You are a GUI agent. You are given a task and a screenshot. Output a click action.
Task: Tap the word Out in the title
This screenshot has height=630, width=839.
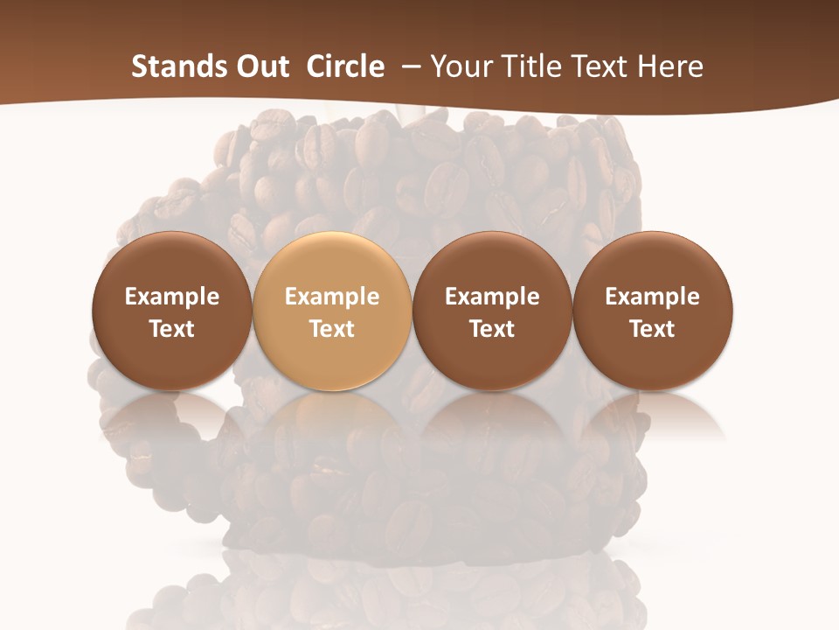(x=260, y=66)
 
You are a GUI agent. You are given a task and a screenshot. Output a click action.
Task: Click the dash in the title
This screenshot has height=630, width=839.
(x=407, y=67)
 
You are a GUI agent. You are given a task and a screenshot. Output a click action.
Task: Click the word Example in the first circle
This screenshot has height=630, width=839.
(x=171, y=297)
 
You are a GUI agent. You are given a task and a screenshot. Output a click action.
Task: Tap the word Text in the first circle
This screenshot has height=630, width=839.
(x=171, y=329)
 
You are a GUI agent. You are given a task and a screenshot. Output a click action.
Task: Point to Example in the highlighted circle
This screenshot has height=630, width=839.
(x=332, y=297)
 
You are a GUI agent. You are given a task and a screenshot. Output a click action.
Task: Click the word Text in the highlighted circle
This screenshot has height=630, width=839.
(x=332, y=329)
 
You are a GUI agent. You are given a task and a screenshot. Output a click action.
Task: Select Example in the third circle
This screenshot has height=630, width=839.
(x=492, y=297)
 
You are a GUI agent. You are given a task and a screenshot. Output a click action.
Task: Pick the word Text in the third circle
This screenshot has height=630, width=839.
(x=492, y=329)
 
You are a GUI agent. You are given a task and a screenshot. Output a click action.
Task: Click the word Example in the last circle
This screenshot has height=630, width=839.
(x=653, y=297)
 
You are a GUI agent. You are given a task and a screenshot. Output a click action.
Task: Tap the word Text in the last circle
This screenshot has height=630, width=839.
(x=653, y=329)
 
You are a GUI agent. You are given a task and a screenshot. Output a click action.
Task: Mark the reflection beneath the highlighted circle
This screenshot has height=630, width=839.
(x=332, y=420)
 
